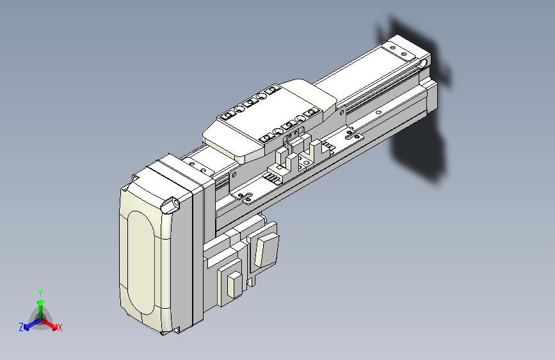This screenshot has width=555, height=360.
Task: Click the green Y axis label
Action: click(40, 291)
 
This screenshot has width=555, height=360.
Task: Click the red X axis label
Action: click(60, 328)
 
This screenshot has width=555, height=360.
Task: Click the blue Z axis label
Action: click(21, 327)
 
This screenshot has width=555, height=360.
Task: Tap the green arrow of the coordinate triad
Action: click(40, 304)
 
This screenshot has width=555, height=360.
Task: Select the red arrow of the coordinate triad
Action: click(51, 323)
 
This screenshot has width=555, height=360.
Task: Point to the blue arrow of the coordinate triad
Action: click(29, 324)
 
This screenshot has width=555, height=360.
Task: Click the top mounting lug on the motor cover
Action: click(172, 204)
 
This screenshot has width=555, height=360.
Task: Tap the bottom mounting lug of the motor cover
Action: click(175, 331)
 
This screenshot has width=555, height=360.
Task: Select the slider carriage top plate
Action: click(269, 119)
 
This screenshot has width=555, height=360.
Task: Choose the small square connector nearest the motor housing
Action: click(233, 284)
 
